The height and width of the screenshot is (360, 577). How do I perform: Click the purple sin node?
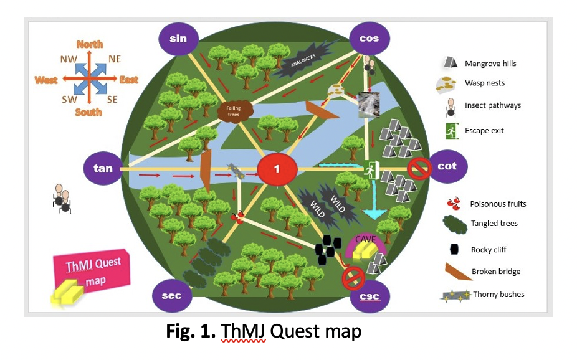click(178, 39)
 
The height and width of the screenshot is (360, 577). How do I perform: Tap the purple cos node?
click(370, 39)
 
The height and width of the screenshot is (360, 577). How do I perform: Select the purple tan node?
click(103, 168)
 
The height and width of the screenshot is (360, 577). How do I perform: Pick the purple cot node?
click(447, 166)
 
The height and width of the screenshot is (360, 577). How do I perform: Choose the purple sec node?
click(171, 295)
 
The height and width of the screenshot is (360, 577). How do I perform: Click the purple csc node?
click(370, 296)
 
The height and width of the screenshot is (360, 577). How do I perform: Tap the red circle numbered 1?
click(277, 169)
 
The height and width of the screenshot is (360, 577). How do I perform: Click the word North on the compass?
click(90, 44)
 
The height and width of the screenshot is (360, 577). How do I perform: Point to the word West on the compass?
click(47, 80)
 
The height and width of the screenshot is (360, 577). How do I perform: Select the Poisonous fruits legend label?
click(498, 204)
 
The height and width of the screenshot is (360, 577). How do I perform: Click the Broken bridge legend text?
click(497, 272)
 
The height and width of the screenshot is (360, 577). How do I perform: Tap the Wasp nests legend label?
click(485, 83)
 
